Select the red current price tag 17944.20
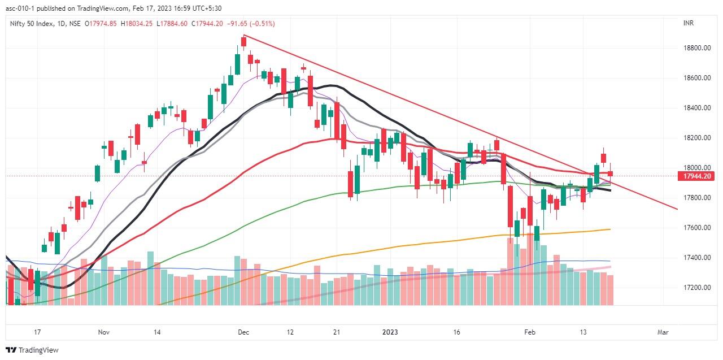click(696, 176)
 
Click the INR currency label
click(688, 23)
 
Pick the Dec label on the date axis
click(243, 332)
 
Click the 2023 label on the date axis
click(389, 332)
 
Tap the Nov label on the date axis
click(103, 332)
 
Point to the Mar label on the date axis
click(663, 332)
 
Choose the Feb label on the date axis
click(529, 332)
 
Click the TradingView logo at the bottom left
click(32, 350)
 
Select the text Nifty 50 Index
click(32, 24)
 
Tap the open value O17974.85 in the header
click(101, 24)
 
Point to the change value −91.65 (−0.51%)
click(251, 24)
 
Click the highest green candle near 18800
click(237, 63)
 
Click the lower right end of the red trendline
click(677, 209)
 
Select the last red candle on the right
click(610, 174)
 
